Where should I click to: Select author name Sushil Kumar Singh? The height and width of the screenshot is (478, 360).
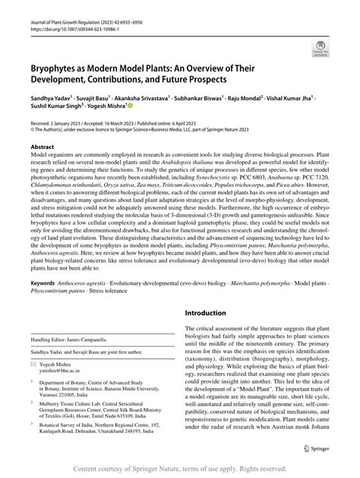(53, 109)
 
